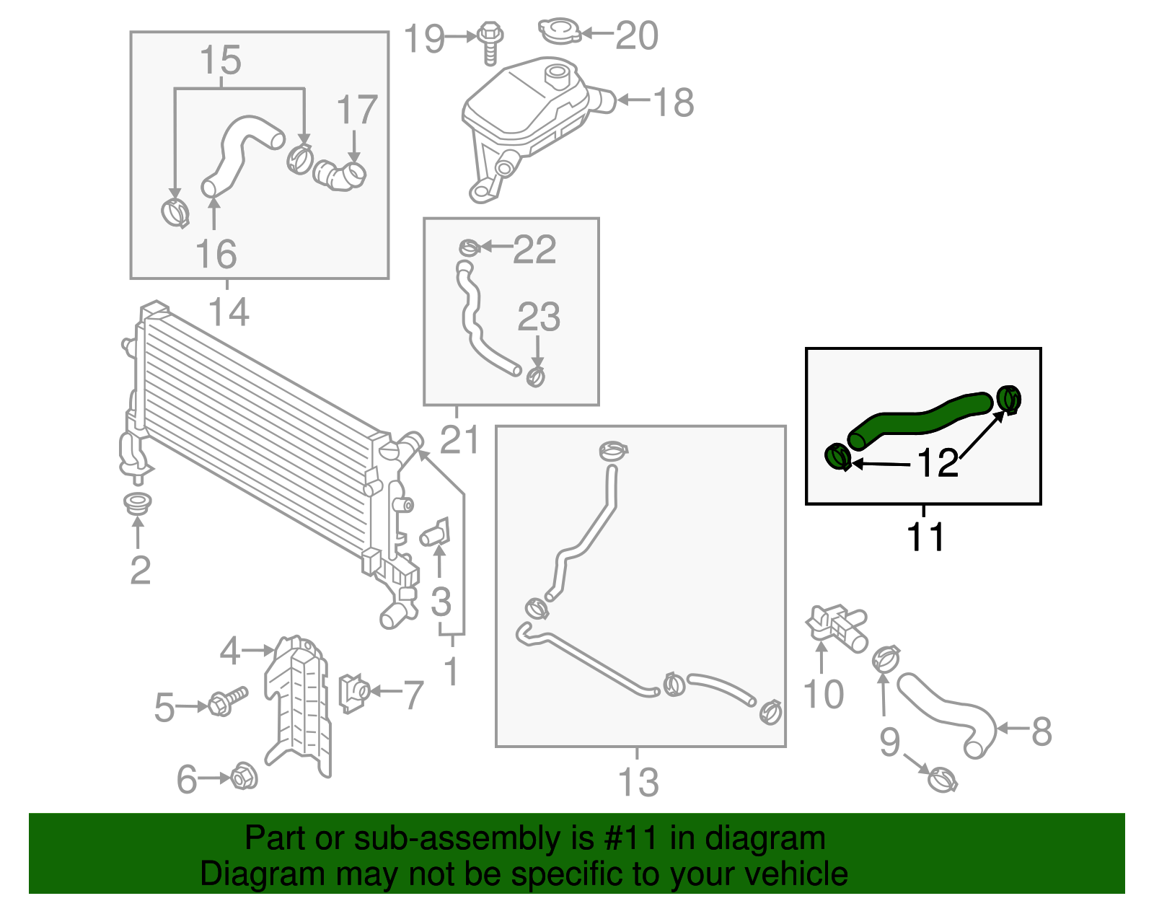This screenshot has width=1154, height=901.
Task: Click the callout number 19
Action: (423, 38)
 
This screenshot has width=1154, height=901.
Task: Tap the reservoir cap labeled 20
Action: (559, 31)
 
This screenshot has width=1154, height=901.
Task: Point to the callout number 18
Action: (674, 102)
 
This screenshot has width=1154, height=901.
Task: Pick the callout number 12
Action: (938, 463)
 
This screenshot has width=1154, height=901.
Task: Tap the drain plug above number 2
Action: (137, 503)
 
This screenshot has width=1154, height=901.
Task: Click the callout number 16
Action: (216, 254)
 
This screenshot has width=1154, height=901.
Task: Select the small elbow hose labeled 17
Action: (340, 176)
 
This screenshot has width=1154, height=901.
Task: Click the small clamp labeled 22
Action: (469, 247)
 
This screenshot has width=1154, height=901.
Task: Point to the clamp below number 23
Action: (535, 377)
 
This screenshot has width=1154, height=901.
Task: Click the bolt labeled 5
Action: (226, 700)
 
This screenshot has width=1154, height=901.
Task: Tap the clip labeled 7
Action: (353, 693)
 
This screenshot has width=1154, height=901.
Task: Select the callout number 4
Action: (229, 651)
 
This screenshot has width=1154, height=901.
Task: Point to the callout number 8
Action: (1041, 731)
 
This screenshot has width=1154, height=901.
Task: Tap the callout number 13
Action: (638, 783)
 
